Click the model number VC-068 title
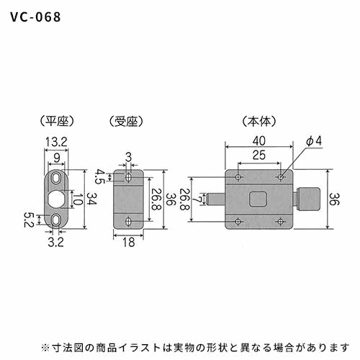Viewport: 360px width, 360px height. (35, 17)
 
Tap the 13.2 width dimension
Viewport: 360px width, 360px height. (56, 143)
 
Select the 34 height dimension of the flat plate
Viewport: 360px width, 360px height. (91, 199)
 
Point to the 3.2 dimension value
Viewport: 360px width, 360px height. (55, 242)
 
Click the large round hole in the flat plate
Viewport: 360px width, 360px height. (56, 199)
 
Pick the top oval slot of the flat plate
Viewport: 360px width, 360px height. (56, 178)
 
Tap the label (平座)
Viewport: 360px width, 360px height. (57, 121)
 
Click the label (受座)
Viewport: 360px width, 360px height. (126, 121)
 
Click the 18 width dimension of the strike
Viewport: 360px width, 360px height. (128, 243)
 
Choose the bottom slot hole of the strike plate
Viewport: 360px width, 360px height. (129, 221)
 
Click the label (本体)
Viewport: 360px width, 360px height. (259, 121)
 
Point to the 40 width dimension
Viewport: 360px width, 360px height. (259, 141)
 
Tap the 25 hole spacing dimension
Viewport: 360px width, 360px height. (259, 155)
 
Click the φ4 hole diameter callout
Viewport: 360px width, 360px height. (314, 141)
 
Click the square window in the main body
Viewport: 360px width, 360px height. (258, 199)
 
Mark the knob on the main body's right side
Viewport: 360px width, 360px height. (308, 199)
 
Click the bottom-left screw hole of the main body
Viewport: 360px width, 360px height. (238, 221)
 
